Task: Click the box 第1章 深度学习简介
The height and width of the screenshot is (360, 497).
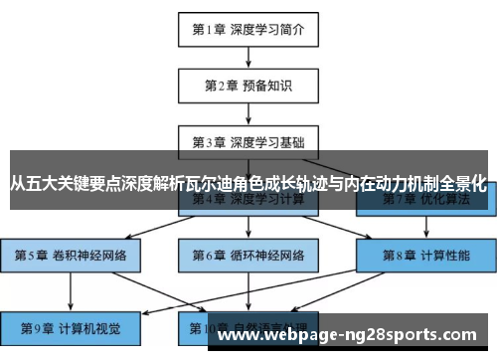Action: tap(248, 29)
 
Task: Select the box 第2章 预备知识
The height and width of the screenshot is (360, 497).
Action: tap(248, 86)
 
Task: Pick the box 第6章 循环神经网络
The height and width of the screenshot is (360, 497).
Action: tap(248, 255)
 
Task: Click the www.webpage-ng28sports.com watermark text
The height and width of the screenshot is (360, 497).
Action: tap(353, 335)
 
